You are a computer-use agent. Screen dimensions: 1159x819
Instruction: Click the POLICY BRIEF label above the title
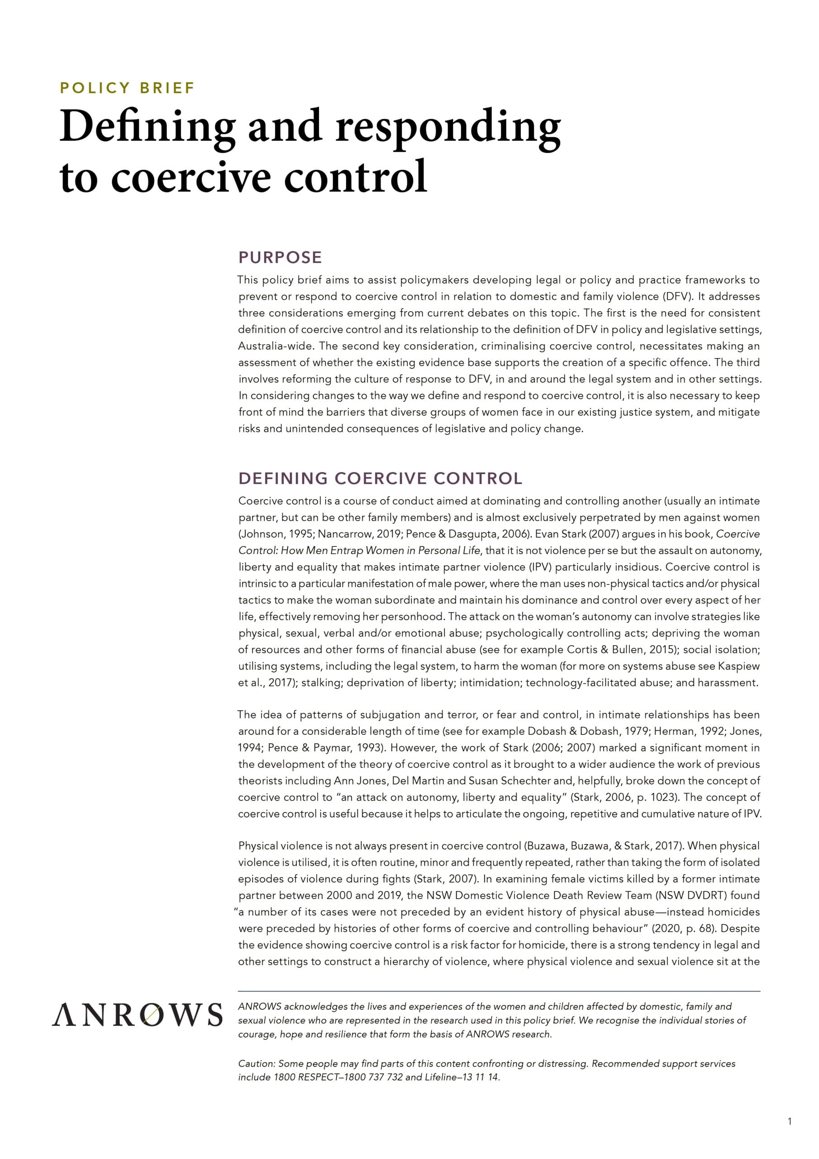(x=127, y=88)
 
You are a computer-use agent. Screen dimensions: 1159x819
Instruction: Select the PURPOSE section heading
(x=280, y=258)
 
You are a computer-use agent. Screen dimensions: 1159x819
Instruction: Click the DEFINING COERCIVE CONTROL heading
(x=380, y=478)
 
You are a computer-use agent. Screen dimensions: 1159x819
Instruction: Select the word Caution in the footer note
(x=256, y=1063)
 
